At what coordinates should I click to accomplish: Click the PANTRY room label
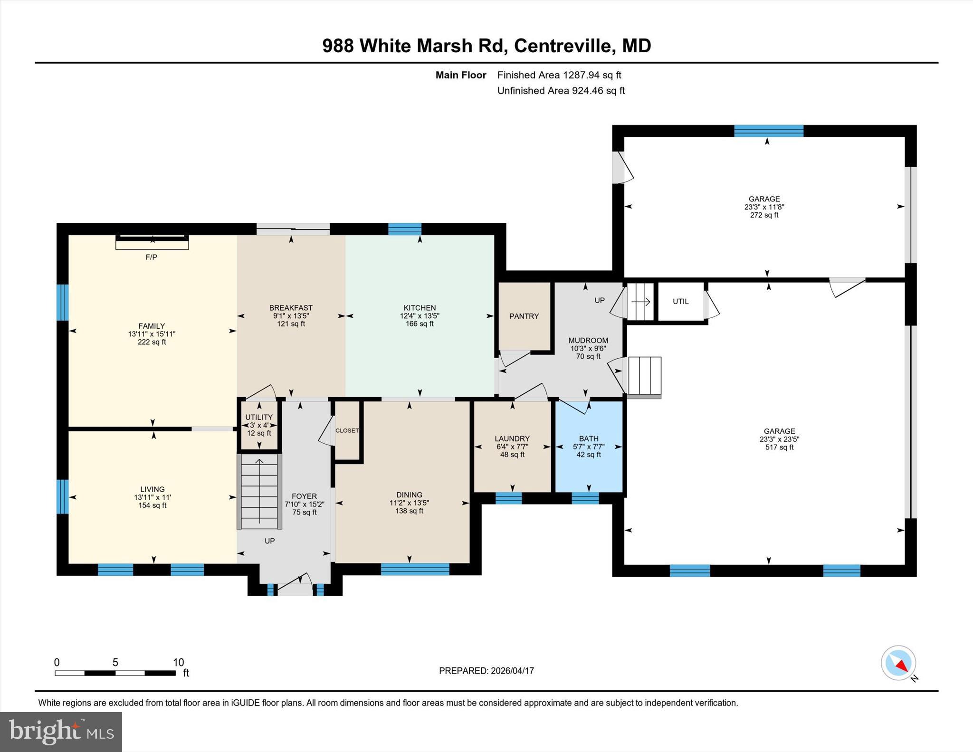tap(524, 316)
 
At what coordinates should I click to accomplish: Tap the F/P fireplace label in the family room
tap(151, 257)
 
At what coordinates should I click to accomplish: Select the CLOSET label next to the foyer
tap(347, 430)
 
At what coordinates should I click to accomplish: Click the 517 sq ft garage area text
tap(779, 447)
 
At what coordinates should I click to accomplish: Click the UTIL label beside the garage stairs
tap(680, 301)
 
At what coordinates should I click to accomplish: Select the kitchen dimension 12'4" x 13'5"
tap(420, 316)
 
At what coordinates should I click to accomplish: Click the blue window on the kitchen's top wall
tap(405, 229)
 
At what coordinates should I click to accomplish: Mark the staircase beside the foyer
tap(259, 491)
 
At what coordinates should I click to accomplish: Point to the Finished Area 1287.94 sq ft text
tap(559, 75)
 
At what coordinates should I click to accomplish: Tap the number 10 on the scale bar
tap(178, 663)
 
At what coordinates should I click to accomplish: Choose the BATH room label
tap(589, 438)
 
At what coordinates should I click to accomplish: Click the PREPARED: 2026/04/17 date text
tap(486, 671)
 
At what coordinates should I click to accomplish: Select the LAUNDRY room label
tap(512, 438)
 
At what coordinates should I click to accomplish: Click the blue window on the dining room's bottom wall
tap(415, 569)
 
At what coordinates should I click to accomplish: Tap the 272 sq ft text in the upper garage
tap(764, 215)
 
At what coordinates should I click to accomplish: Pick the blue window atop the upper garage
tap(768, 131)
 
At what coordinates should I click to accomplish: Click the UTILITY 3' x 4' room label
tap(259, 417)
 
